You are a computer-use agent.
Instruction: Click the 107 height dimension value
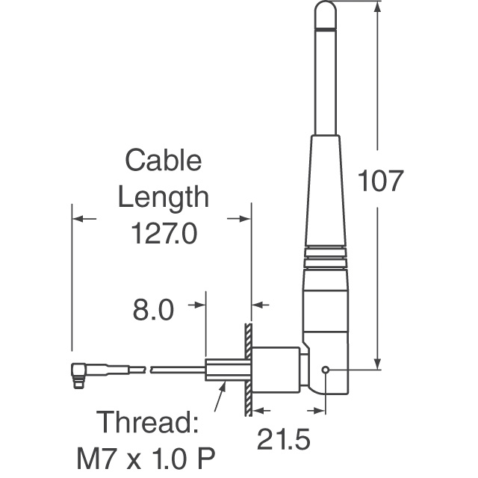click(381, 181)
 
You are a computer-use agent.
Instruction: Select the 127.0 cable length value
click(164, 235)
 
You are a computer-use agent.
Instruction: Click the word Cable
click(163, 160)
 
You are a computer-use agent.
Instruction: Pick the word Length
click(164, 197)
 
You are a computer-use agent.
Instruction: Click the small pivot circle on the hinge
click(325, 369)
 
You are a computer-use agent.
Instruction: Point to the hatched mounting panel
click(247, 370)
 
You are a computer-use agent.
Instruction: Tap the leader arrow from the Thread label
click(217, 399)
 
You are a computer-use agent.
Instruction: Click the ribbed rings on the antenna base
click(326, 255)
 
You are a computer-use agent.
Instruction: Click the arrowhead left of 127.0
click(81, 219)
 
